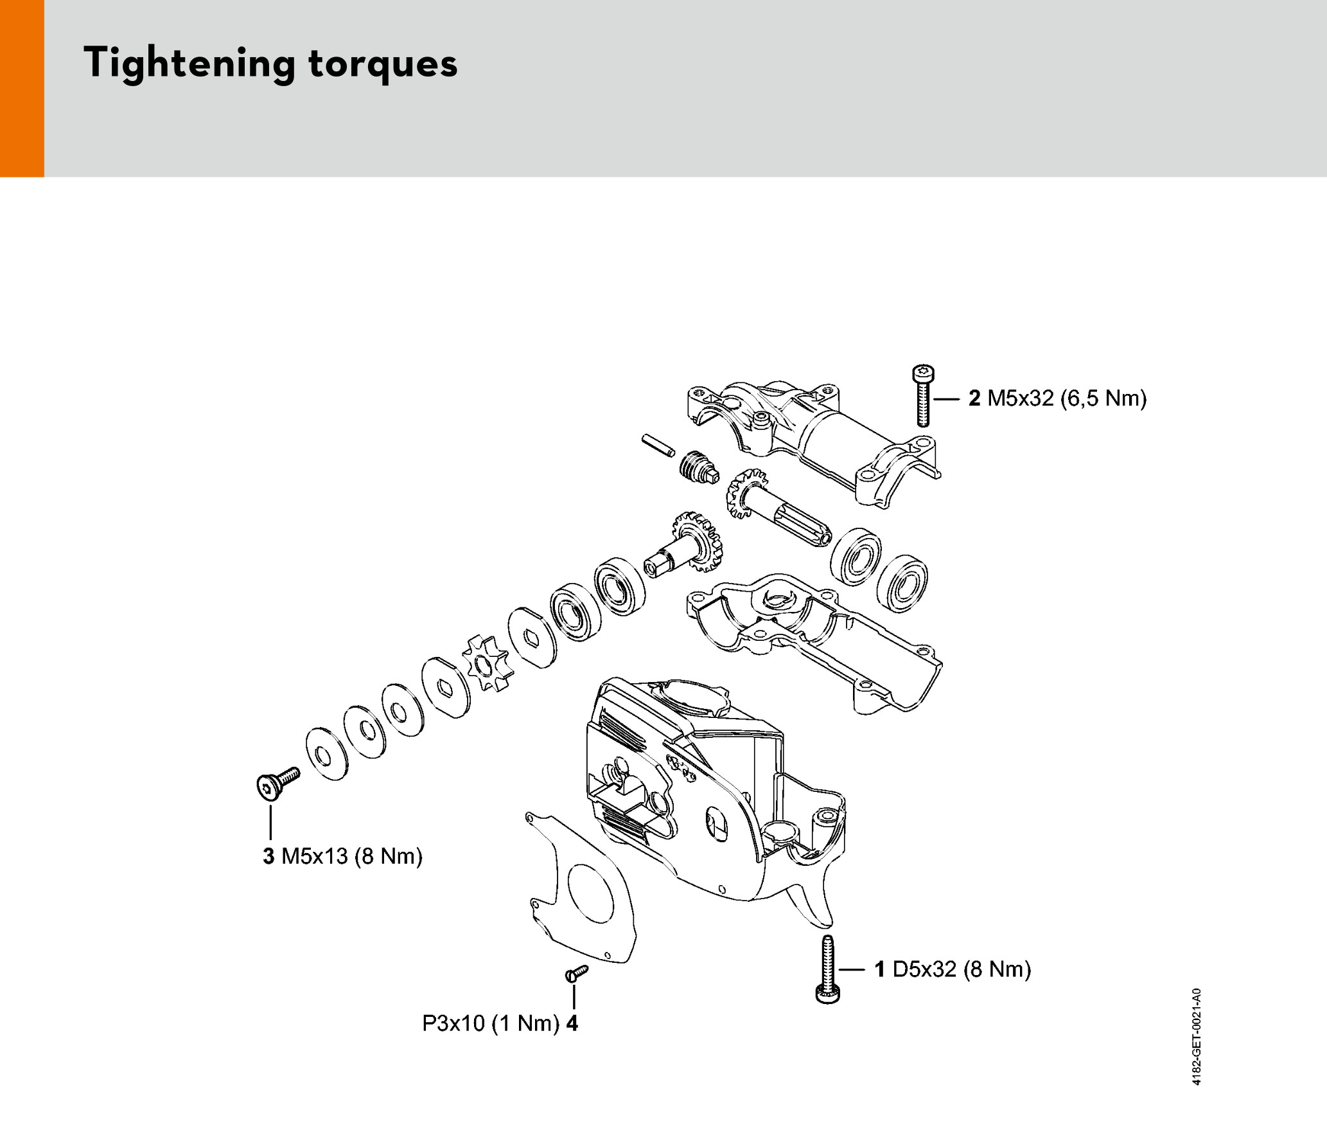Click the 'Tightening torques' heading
[x=270, y=63]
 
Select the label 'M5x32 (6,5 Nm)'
[x=1066, y=399]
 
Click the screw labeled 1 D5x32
[x=827, y=968]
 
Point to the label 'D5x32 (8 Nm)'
[x=962, y=969]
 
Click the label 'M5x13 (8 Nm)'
[x=352, y=856]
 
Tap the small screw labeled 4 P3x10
[x=576, y=973]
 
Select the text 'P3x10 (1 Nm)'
[x=491, y=1023]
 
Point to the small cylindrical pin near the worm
[x=658, y=445]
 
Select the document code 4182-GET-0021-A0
[x=1196, y=1036]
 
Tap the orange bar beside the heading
[x=22, y=88]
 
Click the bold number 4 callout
[x=572, y=1023]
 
